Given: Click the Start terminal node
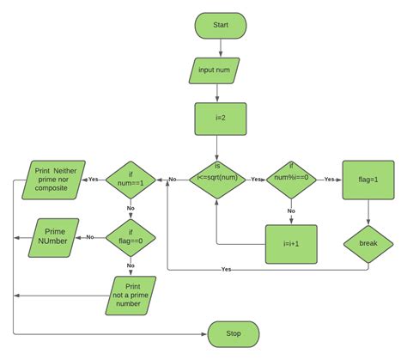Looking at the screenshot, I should point(220,26).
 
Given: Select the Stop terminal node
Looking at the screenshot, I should point(233,333).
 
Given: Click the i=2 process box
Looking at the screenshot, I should point(220,120).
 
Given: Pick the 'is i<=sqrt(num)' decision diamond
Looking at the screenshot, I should point(216,179).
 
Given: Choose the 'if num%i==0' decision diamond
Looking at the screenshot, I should point(290,179).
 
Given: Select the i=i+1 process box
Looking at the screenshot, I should point(290,244).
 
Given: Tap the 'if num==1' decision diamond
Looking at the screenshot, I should point(131,180).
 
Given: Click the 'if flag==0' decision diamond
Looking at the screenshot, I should point(131,234).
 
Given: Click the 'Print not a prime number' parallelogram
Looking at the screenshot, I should point(131,295).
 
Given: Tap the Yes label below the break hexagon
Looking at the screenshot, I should point(227,270).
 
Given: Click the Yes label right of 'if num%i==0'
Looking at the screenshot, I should point(329,179).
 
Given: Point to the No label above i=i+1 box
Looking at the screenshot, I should point(290,211).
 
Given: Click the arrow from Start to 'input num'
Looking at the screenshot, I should point(220,48).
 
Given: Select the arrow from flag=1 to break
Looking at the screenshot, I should point(368,213).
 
